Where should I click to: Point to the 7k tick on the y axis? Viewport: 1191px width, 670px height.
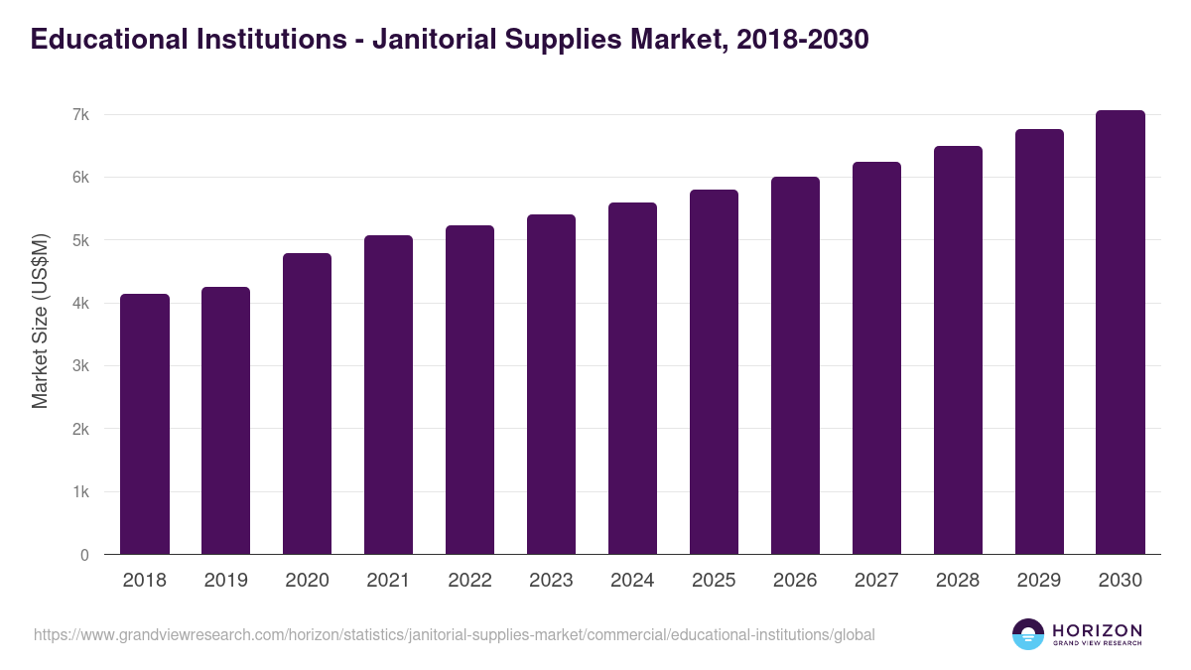point(80,115)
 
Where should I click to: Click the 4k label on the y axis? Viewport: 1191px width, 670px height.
point(80,304)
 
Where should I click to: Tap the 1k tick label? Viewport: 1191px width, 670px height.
point(80,492)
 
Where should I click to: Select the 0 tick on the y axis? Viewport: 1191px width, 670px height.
point(85,555)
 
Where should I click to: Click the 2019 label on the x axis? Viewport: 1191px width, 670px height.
point(226,581)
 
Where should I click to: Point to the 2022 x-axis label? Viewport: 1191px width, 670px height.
point(470,581)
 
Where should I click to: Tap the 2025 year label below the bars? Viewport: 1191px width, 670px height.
point(715,581)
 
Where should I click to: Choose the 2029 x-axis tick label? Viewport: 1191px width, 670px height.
point(1039,581)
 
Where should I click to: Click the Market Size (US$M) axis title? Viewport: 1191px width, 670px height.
point(40,321)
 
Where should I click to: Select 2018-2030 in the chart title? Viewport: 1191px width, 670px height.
point(804,39)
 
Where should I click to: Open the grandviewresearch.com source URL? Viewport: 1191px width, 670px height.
point(454,634)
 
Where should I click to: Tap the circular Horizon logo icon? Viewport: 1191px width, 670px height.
point(1028,634)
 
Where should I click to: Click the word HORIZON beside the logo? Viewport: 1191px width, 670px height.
point(1097,629)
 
